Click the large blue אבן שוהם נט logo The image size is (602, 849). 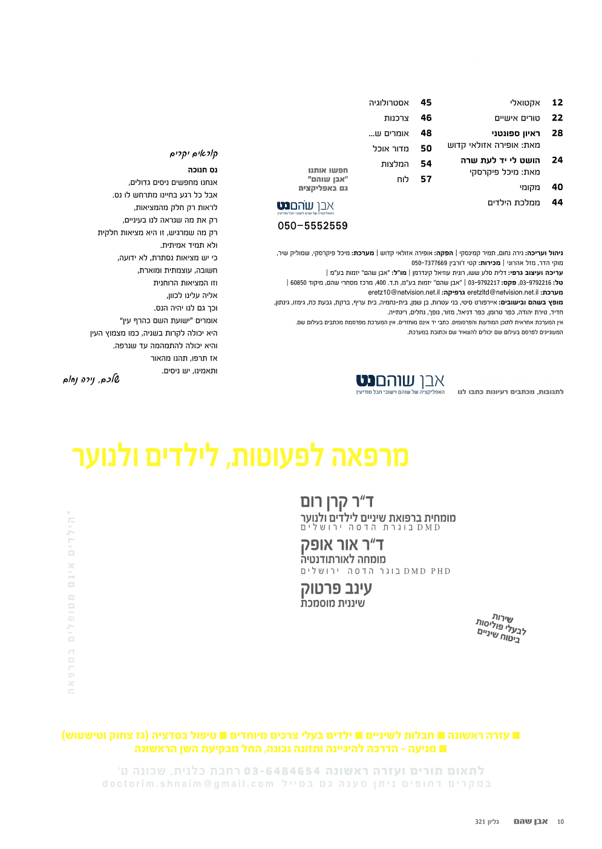400,381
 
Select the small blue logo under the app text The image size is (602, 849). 306,207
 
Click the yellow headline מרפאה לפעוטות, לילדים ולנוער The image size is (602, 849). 240,457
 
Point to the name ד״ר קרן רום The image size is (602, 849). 337,501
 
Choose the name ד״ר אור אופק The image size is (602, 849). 342,544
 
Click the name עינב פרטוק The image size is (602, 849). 336,587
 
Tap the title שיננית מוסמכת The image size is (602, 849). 333,603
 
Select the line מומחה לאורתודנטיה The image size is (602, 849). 343,559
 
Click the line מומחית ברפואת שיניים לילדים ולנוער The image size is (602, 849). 378,518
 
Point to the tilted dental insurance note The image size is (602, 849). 500,628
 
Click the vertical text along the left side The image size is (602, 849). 71,603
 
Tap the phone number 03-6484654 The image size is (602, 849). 282,771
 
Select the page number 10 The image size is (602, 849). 560,822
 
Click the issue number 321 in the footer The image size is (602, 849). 480,822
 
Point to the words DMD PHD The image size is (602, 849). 427,571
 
